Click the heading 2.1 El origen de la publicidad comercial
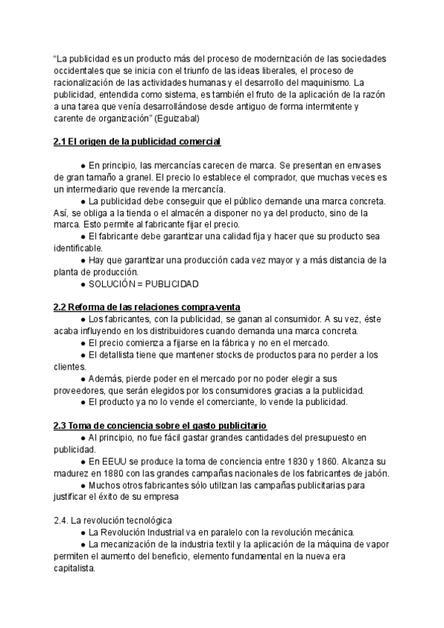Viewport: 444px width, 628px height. coord(138,141)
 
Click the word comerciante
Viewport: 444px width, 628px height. coord(210,402)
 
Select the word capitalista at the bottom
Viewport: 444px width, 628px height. coord(75,568)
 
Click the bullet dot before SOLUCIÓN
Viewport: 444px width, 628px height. coord(82,284)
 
